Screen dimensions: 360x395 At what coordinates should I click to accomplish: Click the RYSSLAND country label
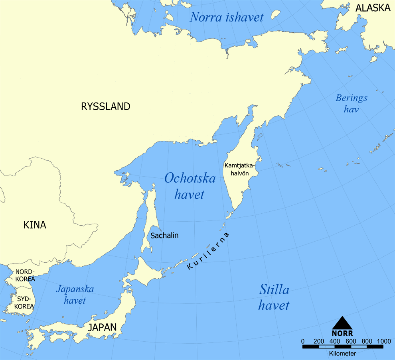[106, 106]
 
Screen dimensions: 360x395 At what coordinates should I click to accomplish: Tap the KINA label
[35, 225]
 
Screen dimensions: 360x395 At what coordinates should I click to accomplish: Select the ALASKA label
[373, 8]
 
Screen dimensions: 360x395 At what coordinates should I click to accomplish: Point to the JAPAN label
[102, 327]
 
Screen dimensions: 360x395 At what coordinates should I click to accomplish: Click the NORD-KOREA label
[25, 275]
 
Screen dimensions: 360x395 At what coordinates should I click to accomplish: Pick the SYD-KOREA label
[24, 303]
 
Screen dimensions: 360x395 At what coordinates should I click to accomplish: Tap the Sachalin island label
[164, 235]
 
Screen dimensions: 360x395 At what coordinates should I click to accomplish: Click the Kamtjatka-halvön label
[239, 169]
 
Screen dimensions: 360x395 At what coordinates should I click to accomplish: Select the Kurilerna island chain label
[208, 251]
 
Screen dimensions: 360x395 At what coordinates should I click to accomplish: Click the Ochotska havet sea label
[190, 186]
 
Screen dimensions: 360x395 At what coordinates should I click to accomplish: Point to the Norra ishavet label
[227, 17]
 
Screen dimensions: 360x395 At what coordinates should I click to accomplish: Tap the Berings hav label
[352, 103]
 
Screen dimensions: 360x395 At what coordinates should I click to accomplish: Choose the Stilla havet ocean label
[274, 297]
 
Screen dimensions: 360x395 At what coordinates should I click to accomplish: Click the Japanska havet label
[75, 294]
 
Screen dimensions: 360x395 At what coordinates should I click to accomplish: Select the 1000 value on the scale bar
[383, 341]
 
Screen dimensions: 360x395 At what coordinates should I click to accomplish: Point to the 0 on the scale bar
[303, 341]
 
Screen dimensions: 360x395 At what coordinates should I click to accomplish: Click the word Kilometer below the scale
[342, 353]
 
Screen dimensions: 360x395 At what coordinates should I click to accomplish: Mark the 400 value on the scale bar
[335, 341]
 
